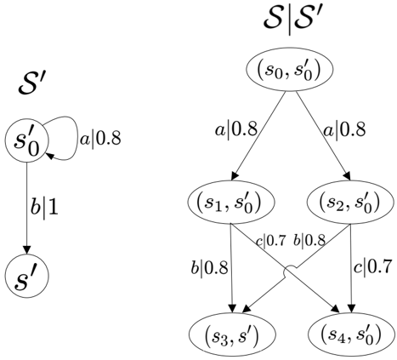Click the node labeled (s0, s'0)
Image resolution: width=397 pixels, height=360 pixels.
(289, 70)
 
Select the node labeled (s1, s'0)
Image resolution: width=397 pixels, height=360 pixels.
(231, 202)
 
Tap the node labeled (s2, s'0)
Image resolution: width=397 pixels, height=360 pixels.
(350, 202)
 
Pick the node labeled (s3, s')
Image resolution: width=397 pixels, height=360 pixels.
(232, 334)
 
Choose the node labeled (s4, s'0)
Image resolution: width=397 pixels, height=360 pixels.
(351, 334)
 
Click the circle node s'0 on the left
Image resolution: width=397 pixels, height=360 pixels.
(27, 140)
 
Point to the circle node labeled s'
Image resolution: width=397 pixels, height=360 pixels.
(27, 276)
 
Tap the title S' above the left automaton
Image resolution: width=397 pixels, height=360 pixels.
(31, 83)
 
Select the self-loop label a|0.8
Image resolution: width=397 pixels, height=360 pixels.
(100, 139)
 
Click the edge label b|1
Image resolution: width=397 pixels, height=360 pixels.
(44, 209)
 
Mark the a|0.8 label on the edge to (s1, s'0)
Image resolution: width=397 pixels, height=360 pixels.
(236, 130)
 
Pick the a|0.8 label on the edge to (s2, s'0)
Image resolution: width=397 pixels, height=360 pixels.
(344, 129)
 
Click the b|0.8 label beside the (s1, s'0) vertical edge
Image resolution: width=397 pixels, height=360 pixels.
(209, 267)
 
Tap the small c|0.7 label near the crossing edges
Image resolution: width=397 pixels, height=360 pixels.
(271, 242)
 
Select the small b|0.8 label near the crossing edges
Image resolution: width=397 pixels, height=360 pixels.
(309, 241)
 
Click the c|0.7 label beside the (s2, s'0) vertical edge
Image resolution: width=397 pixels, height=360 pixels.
(373, 267)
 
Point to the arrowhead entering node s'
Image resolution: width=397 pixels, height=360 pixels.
(27, 249)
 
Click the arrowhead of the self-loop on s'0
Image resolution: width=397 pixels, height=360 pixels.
(49, 156)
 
